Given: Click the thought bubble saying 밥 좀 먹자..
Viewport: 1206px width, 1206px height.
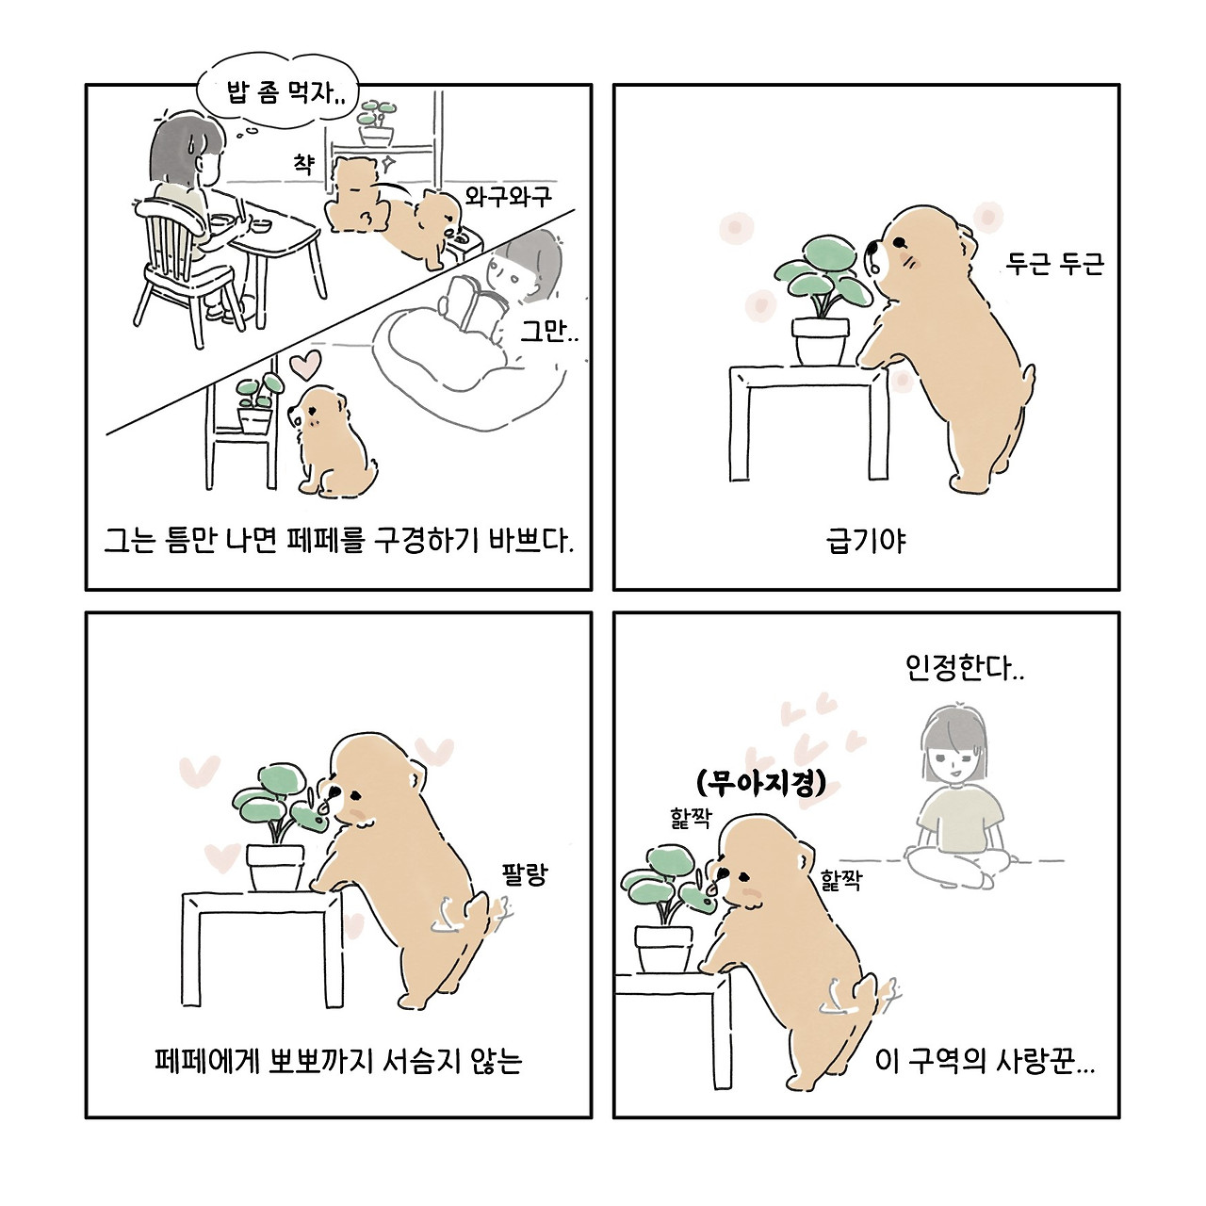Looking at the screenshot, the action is click(x=278, y=92).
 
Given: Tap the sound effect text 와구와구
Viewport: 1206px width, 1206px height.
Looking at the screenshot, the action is click(x=508, y=197).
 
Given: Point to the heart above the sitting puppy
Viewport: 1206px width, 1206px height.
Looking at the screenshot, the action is click(x=304, y=365).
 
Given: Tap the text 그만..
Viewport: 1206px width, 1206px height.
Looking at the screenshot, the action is click(x=549, y=330).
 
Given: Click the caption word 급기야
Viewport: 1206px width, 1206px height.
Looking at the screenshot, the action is click(x=866, y=541).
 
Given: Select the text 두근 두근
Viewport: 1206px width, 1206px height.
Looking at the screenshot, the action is click(x=1054, y=264).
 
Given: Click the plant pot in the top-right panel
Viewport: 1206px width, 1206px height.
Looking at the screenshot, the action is click(x=820, y=342).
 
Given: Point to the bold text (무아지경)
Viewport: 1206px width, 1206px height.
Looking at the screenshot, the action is click(x=760, y=782).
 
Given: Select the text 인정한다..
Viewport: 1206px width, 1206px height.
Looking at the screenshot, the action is click(x=965, y=668).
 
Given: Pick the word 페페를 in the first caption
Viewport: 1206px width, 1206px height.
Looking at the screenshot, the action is click(x=326, y=541).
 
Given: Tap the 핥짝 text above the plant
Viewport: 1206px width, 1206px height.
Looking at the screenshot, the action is click(x=691, y=818).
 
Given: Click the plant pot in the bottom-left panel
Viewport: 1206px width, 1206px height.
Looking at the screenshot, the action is click(x=275, y=868).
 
